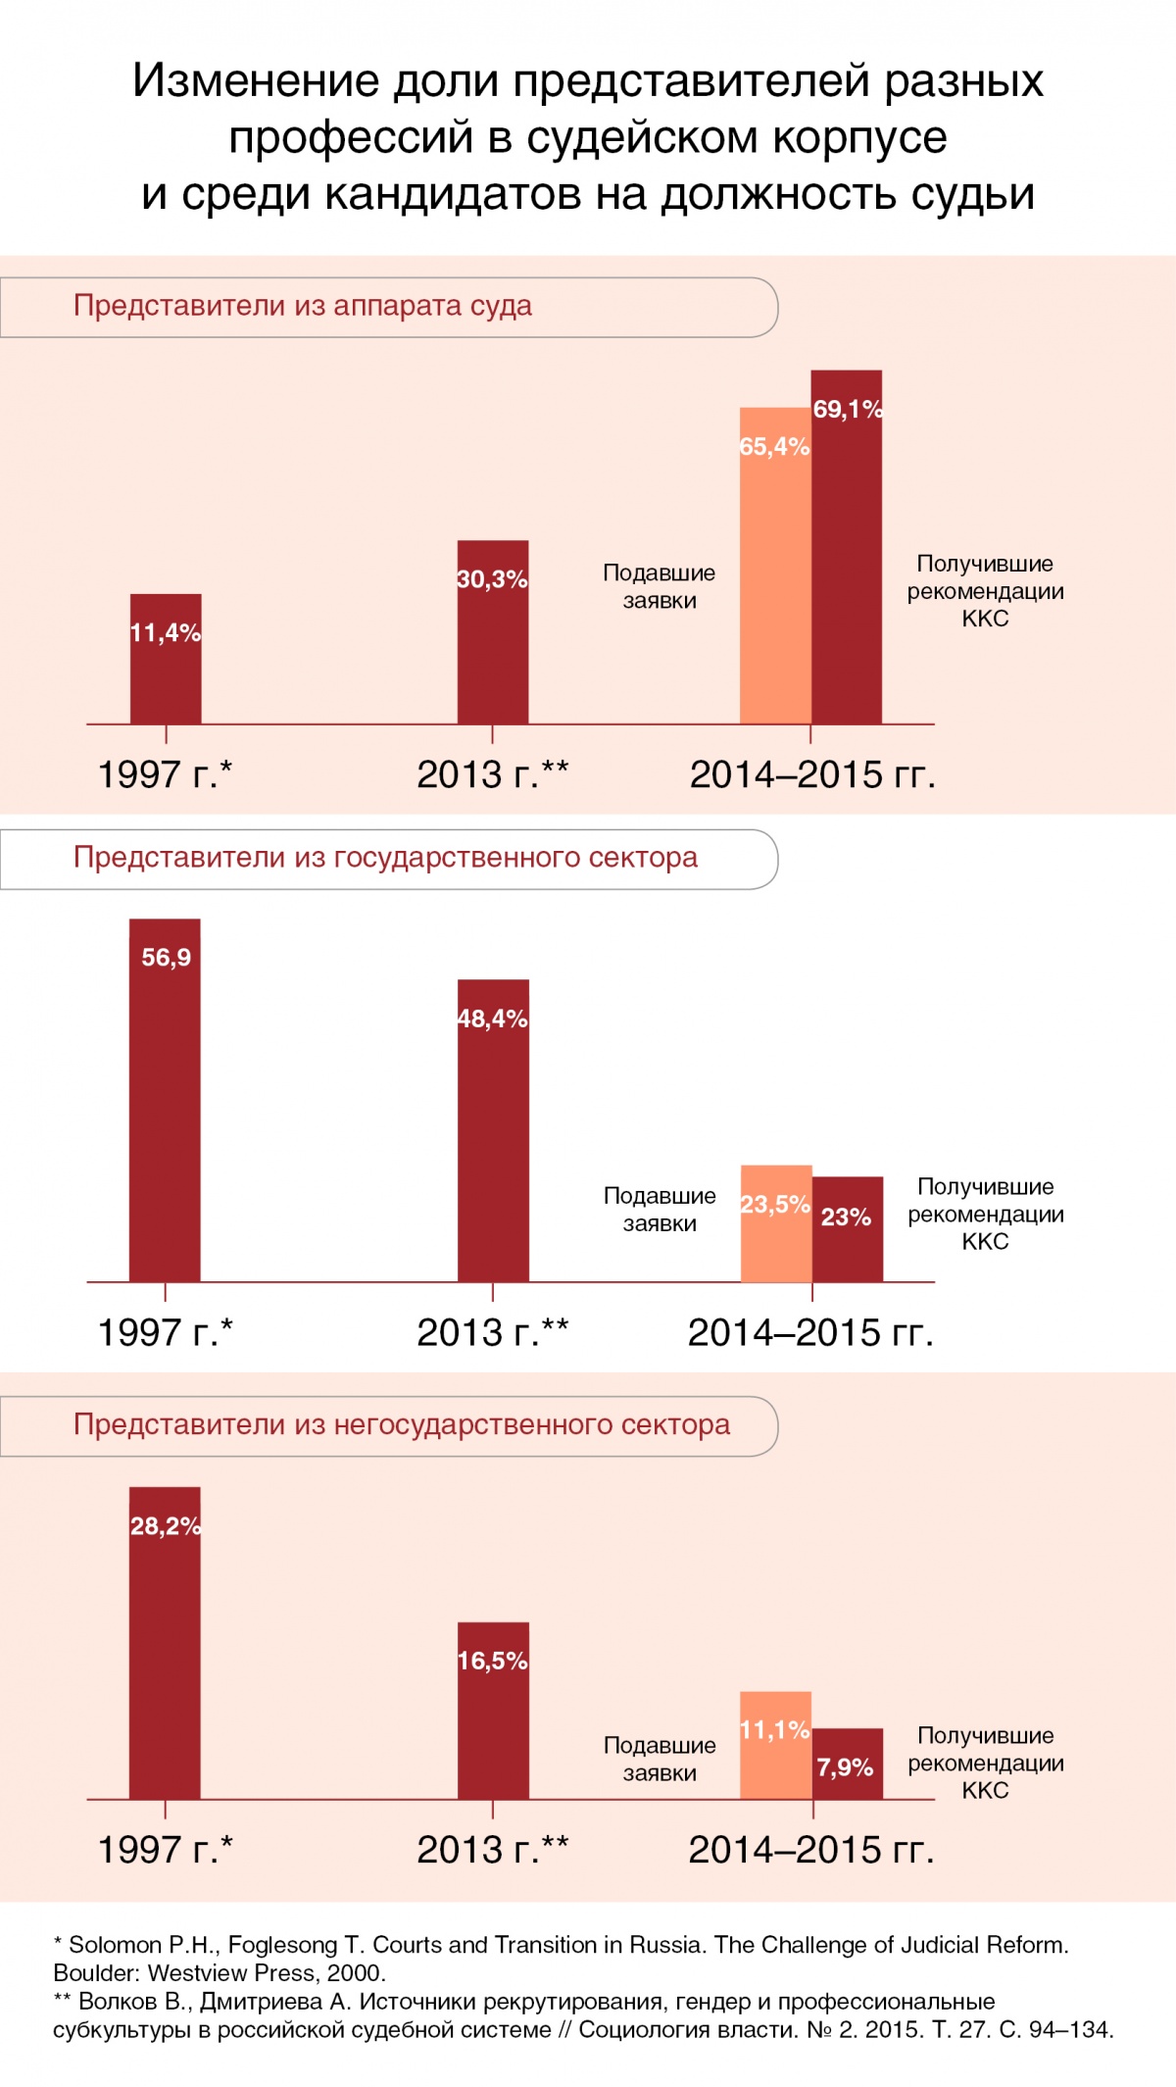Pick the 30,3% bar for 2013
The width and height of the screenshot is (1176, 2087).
tap(493, 632)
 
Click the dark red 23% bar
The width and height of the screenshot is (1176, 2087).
tap(848, 1229)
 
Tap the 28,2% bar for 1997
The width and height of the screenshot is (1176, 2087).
tap(165, 1643)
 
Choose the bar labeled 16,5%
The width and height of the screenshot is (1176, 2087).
tap(493, 1711)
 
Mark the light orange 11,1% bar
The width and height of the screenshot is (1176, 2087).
tap(775, 1746)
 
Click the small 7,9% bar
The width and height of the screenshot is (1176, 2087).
tap(848, 1764)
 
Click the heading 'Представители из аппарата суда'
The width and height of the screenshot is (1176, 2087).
tap(303, 306)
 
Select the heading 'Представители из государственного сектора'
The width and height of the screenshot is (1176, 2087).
tap(385, 858)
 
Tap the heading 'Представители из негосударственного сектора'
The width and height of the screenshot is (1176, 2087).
tap(402, 1424)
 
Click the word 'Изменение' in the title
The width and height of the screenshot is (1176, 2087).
tap(256, 80)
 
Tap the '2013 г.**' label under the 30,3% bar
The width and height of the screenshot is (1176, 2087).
tap(492, 774)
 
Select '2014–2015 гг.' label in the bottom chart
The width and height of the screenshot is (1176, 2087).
tap(811, 1850)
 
